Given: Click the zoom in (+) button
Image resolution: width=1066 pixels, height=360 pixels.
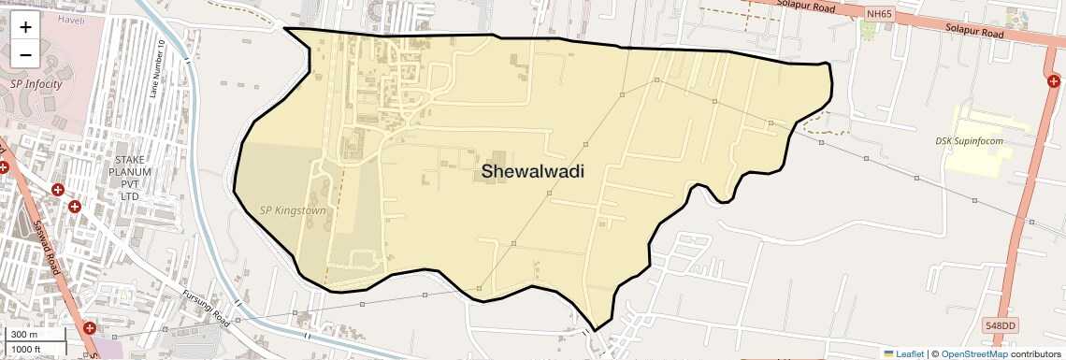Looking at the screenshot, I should tap(25, 28).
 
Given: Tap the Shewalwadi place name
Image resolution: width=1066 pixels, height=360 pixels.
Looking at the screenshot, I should tap(533, 171).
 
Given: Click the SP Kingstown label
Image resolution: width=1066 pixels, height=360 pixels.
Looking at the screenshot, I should tap(293, 210).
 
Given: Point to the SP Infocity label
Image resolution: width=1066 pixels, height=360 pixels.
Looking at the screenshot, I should tap(36, 84).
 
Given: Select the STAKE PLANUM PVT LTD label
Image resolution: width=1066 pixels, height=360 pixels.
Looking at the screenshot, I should tap(124, 179).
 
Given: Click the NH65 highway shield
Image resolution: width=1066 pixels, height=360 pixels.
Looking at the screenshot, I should tap(879, 14).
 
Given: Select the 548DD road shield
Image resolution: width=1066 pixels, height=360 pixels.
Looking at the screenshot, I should tap(1000, 325).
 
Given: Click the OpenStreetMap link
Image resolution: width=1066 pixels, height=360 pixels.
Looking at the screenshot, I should tap(974, 353).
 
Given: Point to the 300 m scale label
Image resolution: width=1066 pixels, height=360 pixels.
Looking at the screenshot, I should tap(24, 335).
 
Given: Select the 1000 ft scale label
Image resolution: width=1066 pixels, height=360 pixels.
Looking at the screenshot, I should tap(27, 349).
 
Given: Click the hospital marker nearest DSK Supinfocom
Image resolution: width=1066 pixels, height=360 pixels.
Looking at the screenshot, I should tap(1055, 81).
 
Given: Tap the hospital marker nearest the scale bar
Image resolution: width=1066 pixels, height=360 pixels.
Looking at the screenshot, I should tap(90, 328).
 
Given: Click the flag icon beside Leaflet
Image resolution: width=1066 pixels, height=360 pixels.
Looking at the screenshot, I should tap(888, 353).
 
